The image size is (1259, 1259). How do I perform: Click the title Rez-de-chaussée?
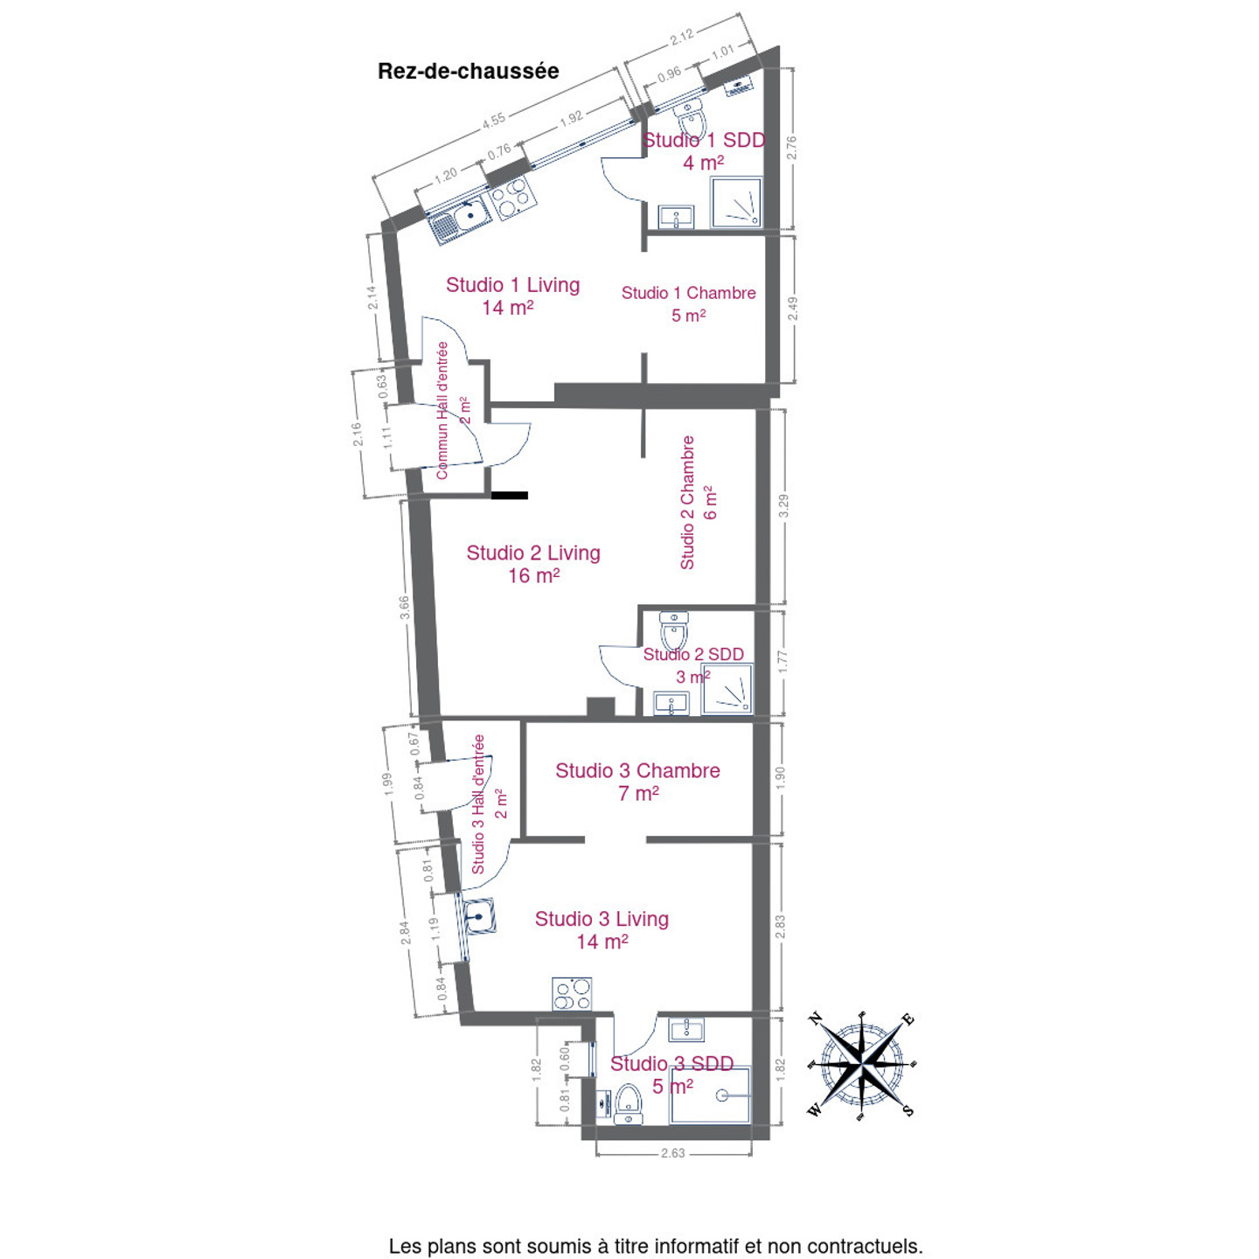coord(468,71)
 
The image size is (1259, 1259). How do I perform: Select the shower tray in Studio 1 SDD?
coord(736,203)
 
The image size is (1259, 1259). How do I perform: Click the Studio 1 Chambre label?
coord(688,303)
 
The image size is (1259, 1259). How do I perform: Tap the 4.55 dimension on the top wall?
coord(493,120)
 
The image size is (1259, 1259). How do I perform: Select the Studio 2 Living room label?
coord(533,564)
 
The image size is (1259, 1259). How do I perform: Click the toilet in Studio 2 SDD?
coord(673,629)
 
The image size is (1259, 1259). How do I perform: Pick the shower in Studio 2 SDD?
coord(727,689)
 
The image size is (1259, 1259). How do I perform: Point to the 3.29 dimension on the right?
coord(783,505)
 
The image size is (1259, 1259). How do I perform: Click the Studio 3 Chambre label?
coord(637,782)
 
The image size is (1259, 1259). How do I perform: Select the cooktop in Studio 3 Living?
coord(572,994)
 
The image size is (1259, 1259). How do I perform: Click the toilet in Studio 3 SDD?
coord(629,1103)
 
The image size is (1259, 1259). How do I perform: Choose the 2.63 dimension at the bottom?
coord(672,1153)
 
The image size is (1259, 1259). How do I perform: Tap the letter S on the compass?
coord(908,1110)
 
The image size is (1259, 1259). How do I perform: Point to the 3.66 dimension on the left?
coord(405,609)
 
